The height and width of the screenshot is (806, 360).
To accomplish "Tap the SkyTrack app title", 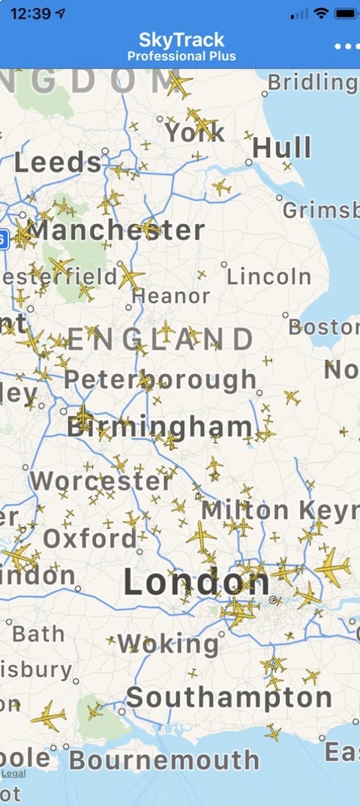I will tap(181, 40).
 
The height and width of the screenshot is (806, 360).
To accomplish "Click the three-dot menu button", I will tap(346, 46).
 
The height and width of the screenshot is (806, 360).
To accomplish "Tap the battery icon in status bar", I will tap(345, 13).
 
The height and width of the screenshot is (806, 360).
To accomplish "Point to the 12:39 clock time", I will tap(31, 13).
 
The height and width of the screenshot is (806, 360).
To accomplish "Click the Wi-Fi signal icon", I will tap(321, 13).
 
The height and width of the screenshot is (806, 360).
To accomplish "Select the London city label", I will tap(196, 582).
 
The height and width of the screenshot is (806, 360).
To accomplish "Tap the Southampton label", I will tap(229, 697).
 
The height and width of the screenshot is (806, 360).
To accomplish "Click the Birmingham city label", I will tap(160, 427).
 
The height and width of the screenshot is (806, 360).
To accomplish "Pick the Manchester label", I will tap(115, 230).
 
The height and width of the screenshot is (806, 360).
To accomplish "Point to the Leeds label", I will tap(58, 163).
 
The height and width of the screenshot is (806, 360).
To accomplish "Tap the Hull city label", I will tap(282, 148).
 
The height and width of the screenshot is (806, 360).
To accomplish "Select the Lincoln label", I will tap(268, 276).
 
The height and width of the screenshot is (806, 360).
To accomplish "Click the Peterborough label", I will tap(160, 379).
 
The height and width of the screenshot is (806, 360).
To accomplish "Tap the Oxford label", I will tap(90, 538).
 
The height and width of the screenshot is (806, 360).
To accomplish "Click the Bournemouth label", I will tap(164, 760).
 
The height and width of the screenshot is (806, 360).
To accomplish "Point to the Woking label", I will tap(168, 643).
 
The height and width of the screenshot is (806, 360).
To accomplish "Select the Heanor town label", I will tap(171, 296).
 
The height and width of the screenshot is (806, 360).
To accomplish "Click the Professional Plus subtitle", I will tap(181, 56).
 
